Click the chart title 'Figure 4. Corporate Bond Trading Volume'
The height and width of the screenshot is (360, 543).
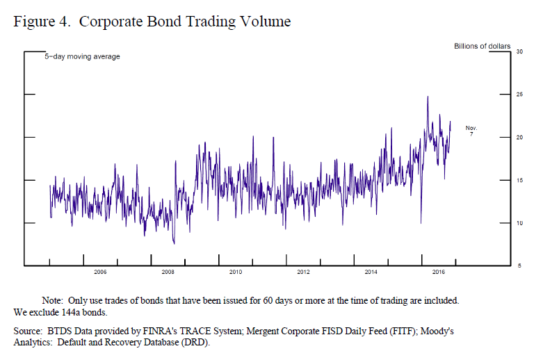[152, 22]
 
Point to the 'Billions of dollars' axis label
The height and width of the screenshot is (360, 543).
[482, 47]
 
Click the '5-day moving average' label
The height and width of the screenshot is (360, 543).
[83, 56]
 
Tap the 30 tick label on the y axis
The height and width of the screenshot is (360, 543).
[519, 52]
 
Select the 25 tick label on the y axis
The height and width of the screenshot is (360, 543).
[519, 95]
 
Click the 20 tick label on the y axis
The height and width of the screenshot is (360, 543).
[519, 138]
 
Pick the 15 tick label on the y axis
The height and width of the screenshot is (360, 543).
[519, 180]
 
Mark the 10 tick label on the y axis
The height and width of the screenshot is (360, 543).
[519, 223]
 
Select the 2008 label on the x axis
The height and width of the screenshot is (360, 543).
[168, 272]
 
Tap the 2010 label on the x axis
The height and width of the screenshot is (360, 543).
[235, 272]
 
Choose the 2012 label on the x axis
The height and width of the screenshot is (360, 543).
[303, 272]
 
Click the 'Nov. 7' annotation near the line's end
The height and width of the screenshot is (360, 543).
[471, 130]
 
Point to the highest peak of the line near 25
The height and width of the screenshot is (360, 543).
[428, 97]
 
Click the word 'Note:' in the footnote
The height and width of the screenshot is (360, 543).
[53, 300]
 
